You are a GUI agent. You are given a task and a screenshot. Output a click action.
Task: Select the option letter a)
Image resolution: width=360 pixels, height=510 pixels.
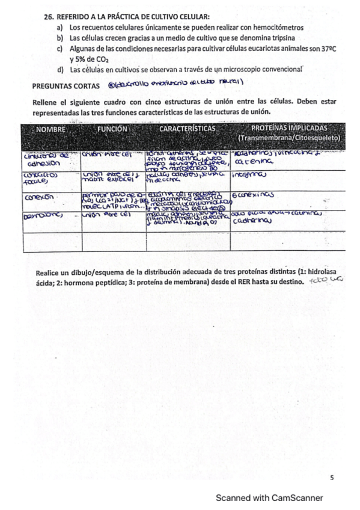point(60,28)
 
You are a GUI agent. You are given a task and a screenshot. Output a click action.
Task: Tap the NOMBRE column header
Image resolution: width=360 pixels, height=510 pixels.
point(50,129)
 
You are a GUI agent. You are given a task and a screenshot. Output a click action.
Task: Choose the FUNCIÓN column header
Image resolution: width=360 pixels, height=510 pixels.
point(112,129)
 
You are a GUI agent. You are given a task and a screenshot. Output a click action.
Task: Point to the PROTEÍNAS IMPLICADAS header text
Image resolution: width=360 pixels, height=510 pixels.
point(288,129)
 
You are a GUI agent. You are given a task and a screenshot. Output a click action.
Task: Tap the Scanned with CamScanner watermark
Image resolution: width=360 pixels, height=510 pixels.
point(269,498)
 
